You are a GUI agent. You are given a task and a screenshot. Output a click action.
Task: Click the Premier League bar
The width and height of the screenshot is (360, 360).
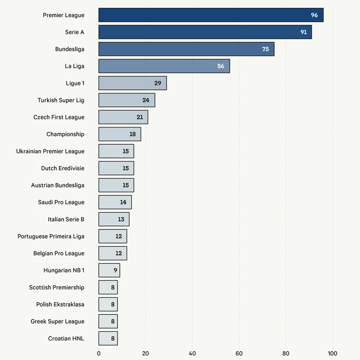(x=211, y=15)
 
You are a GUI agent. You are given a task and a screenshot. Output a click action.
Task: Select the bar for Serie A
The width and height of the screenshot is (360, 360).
(x=205, y=32)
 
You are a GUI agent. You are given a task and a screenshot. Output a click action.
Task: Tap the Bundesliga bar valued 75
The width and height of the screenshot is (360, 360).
(x=186, y=49)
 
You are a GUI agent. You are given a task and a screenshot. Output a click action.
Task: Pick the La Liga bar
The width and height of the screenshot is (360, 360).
(x=164, y=66)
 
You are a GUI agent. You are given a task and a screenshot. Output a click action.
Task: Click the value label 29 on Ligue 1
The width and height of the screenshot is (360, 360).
(x=158, y=83)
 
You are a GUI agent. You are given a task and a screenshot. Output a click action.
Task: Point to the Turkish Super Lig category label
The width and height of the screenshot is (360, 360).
(x=61, y=100)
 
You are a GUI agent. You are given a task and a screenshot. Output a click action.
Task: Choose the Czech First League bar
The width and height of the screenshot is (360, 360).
(x=123, y=117)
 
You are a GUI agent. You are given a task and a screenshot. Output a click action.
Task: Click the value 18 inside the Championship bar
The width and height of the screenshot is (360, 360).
(x=133, y=134)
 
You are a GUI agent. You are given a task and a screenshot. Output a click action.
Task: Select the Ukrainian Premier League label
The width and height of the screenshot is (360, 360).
(x=50, y=151)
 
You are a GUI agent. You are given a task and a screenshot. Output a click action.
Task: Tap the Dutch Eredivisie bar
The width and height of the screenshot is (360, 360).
(x=116, y=168)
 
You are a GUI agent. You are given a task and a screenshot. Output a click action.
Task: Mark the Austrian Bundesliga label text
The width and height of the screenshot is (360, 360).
(x=57, y=185)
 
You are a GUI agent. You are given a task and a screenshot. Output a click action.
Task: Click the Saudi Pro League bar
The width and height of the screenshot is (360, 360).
(x=115, y=202)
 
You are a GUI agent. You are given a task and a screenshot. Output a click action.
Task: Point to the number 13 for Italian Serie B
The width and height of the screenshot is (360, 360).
(x=121, y=219)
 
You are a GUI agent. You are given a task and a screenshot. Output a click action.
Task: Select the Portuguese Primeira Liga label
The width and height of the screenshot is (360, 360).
(x=51, y=236)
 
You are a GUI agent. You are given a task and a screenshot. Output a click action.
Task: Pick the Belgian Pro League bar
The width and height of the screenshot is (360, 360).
(x=113, y=253)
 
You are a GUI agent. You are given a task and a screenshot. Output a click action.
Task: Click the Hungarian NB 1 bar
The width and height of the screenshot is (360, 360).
(x=109, y=270)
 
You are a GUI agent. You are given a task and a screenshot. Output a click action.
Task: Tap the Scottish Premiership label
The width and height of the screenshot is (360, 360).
(x=57, y=287)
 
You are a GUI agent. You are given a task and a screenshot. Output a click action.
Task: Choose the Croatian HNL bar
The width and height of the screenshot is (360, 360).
(x=108, y=338)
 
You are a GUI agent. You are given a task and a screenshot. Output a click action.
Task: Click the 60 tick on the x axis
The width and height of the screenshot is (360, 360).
(x=239, y=354)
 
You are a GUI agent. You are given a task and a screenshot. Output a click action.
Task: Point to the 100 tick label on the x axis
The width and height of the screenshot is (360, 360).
(x=332, y=354)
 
